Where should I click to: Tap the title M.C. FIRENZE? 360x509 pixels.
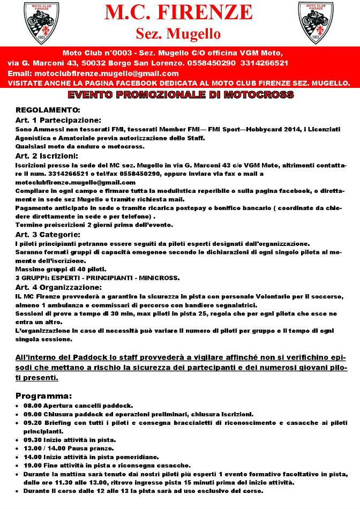(x=178, y=13)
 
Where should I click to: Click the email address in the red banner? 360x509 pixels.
(x=106, y=73)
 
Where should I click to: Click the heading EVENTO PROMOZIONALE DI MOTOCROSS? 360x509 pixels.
(x=181, y=95)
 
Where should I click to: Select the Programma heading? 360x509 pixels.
(x=43, y=396)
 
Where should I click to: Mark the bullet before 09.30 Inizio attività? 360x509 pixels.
(x=18, y=439)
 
